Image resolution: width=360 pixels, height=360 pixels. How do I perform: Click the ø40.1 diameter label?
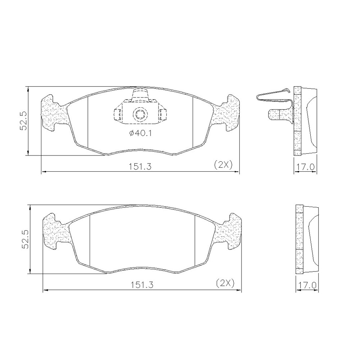pos(140,133)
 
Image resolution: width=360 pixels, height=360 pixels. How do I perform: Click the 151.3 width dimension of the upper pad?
pos(140,166)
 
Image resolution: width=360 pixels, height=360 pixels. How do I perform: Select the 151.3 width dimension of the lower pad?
pos(142,285)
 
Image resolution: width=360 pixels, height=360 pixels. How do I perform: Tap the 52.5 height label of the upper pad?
pos(24,121)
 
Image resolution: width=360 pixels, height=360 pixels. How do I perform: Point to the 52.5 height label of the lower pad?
pos(25,239)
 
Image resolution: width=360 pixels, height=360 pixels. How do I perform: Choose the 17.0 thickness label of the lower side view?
pos(307,285)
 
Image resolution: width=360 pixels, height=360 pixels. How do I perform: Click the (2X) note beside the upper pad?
pos(223,165)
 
